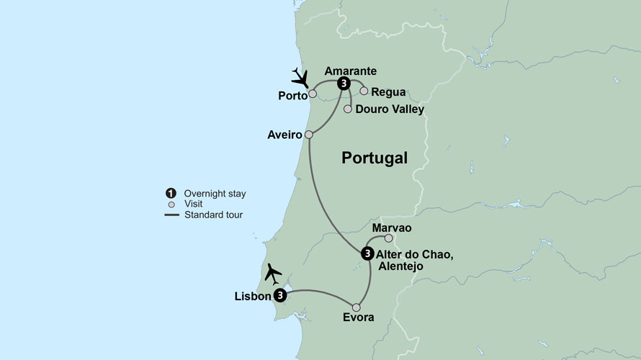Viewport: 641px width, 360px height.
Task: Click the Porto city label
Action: point(292,95)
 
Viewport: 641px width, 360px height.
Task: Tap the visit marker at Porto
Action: point(313,93)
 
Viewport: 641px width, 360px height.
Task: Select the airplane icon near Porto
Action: point(300,76)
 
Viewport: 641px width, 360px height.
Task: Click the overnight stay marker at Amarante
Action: point(344,84)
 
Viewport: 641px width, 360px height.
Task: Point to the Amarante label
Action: point(351,71)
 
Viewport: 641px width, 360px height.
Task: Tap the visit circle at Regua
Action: point(364,91)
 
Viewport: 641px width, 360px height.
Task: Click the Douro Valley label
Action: point(390,109)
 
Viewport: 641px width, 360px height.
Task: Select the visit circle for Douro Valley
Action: point(348,109)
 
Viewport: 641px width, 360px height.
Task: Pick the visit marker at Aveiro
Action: point(309,135)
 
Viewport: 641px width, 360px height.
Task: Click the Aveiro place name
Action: point(284,135)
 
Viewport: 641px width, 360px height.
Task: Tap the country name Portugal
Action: point(375,158)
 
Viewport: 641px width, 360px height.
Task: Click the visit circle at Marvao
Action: point(389,238)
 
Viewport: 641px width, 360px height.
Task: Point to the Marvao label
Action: point(392,228)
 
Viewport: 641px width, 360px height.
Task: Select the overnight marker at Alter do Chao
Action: point(367,253)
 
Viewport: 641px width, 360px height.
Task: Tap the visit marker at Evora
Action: point(356,307)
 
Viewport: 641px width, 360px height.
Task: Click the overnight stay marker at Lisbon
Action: point(280,295)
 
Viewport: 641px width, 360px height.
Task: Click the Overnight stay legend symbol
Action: point(171,193)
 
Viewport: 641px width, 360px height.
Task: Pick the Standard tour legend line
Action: point(171,215)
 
